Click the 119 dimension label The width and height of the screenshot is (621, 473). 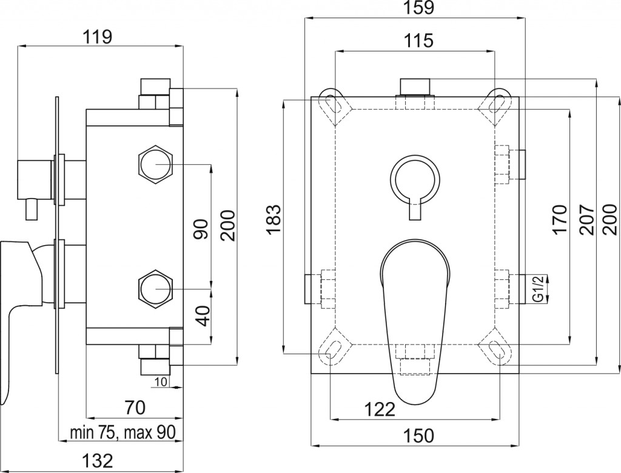tap(98, 37)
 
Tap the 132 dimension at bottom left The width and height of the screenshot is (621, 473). tap(98, 461)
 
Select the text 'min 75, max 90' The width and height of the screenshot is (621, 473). tap(123, 432)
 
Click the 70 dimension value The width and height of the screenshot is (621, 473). tap(135, 408)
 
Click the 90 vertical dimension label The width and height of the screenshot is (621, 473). tap(201, 229)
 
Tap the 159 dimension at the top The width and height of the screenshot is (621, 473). tap(419, 7)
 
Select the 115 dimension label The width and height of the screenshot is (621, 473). tap(418, 40)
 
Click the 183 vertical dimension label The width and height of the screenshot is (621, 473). tap(274, 220)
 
